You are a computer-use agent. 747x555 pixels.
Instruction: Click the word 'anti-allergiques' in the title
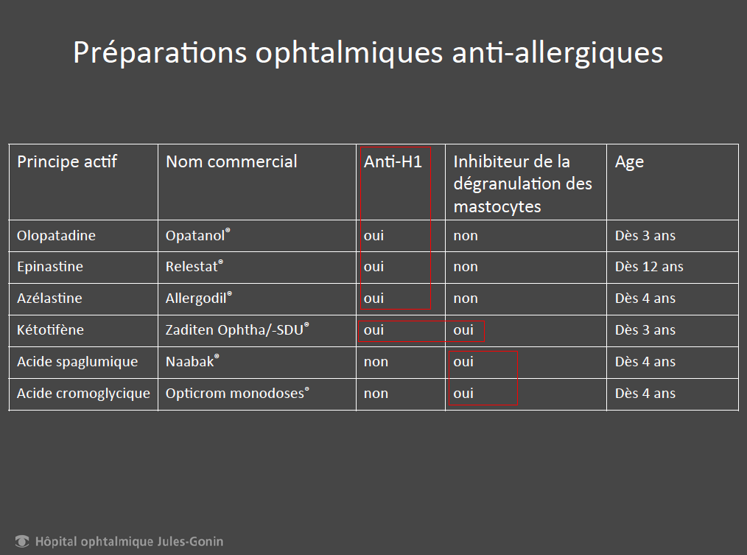[558, 52]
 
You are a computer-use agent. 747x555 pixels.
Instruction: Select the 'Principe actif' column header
[67, 162]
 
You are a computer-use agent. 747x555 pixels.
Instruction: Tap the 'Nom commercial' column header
[231, 161]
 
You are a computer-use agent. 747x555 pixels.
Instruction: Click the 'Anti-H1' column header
[393, 161]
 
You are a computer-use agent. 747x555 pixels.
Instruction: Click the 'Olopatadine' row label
[56, 236]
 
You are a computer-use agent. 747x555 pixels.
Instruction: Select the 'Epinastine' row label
[50, 267]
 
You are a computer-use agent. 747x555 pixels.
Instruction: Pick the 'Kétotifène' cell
[51, 329]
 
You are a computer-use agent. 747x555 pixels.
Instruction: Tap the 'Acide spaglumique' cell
[77, 362]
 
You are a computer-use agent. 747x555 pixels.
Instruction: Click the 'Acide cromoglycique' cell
[83, 394]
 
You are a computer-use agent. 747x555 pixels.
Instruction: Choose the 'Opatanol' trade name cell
[197, 235]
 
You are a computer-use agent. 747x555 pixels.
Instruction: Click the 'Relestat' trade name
[194, 266]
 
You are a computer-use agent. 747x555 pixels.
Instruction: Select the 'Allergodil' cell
[199, 298]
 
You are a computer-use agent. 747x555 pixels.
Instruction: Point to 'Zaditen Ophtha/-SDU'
[237, 329]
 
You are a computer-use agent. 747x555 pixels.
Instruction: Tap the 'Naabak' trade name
[192, 361]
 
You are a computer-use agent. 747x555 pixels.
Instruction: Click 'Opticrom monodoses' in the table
[237, 394]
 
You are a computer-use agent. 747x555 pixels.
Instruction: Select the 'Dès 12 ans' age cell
[649, 267]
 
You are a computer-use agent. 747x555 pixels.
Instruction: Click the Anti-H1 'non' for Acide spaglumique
[376, 362]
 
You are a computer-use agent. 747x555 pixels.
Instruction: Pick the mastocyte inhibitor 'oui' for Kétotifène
[463, 330]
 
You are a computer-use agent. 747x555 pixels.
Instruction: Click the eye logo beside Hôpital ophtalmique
[22, 541]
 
